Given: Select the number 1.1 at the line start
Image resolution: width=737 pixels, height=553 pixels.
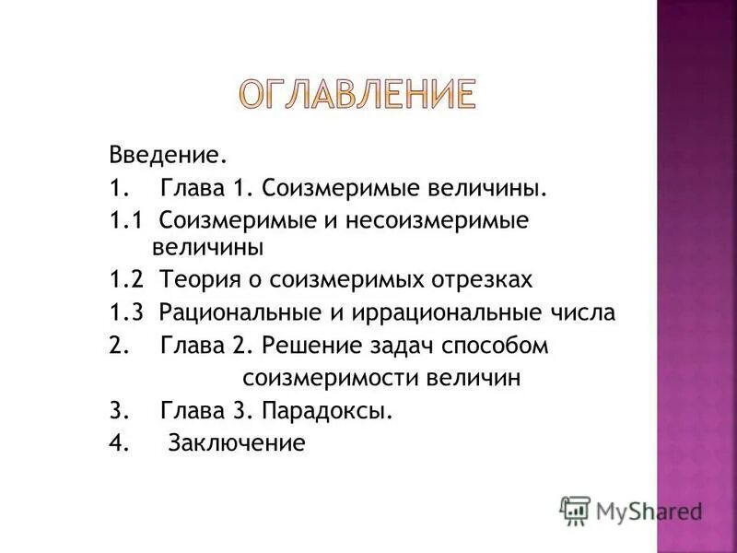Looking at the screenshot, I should [x=124, y=221].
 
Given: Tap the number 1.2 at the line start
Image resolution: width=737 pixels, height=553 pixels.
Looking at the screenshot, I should [x=124, y=279].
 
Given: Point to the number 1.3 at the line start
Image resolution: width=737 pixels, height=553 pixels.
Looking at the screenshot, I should [x=124, y=312].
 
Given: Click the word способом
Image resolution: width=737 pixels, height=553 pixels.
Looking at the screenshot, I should [x=498, y=347].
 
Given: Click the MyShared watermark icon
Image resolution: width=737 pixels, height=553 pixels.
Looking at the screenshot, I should [x=575, y=510].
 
